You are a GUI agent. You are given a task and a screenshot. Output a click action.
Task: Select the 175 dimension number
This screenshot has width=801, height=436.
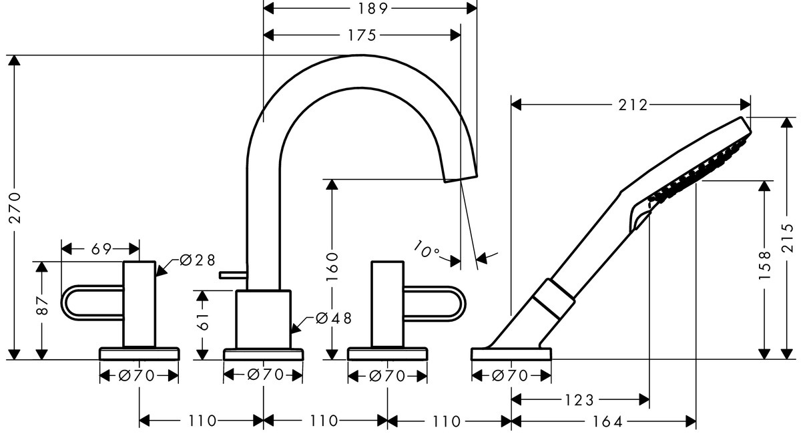click(362, 35)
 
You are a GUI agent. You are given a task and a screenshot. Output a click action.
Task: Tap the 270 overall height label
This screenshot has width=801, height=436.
click(15, 207)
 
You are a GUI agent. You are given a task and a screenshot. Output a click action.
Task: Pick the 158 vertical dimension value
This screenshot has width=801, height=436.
click(765, 265)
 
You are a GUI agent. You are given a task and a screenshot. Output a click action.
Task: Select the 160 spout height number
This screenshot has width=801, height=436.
click(333, 266)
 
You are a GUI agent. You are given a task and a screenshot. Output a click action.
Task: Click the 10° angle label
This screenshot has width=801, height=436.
click(426, 250)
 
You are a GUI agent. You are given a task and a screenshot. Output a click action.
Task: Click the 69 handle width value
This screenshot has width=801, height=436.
click(101, 249)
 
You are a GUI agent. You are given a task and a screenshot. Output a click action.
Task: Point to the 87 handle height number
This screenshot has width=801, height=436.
click(42, 306)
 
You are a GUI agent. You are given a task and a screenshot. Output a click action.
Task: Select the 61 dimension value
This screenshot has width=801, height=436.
click(205, 322)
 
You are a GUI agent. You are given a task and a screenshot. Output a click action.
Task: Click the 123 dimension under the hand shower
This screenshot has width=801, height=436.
click(579, 400)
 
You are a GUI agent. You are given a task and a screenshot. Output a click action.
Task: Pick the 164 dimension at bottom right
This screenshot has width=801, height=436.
click(607, 422)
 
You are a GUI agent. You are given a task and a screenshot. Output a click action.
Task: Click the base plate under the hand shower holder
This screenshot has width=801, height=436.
click(511, 354)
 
